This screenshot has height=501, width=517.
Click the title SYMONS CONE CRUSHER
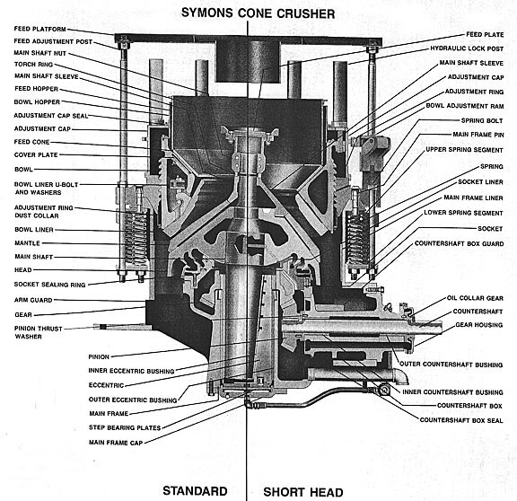tap(258, 13)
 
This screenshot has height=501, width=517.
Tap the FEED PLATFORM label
tap(39, 29)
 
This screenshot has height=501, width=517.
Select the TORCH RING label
tap(33, 65)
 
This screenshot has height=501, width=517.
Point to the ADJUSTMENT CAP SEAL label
tap(51, 116)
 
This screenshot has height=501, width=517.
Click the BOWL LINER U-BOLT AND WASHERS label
tap(46, 189)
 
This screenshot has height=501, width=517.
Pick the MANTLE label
tap(27, 243)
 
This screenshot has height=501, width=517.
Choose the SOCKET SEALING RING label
tap(49, 285)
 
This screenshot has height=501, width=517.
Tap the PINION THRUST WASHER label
tap(39, 332)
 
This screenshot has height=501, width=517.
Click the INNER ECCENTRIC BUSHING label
tap(131, 371)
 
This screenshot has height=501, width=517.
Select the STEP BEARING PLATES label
tap(125, 427)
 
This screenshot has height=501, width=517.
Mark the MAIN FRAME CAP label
tap(116, 443)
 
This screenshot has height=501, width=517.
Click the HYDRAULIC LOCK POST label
tap(467, 48)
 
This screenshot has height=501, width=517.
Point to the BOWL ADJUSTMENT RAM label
tap(465, 106)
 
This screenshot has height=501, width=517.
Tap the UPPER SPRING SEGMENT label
tap(465, 150)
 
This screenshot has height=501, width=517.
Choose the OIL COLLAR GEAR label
tap(475, 298)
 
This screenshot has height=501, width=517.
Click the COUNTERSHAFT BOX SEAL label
tap(461, 420)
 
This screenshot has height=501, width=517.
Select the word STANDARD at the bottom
tap(195, 491)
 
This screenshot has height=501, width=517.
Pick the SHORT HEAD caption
tap(303, 492)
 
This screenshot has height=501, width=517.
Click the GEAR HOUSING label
tap(479, 325)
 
